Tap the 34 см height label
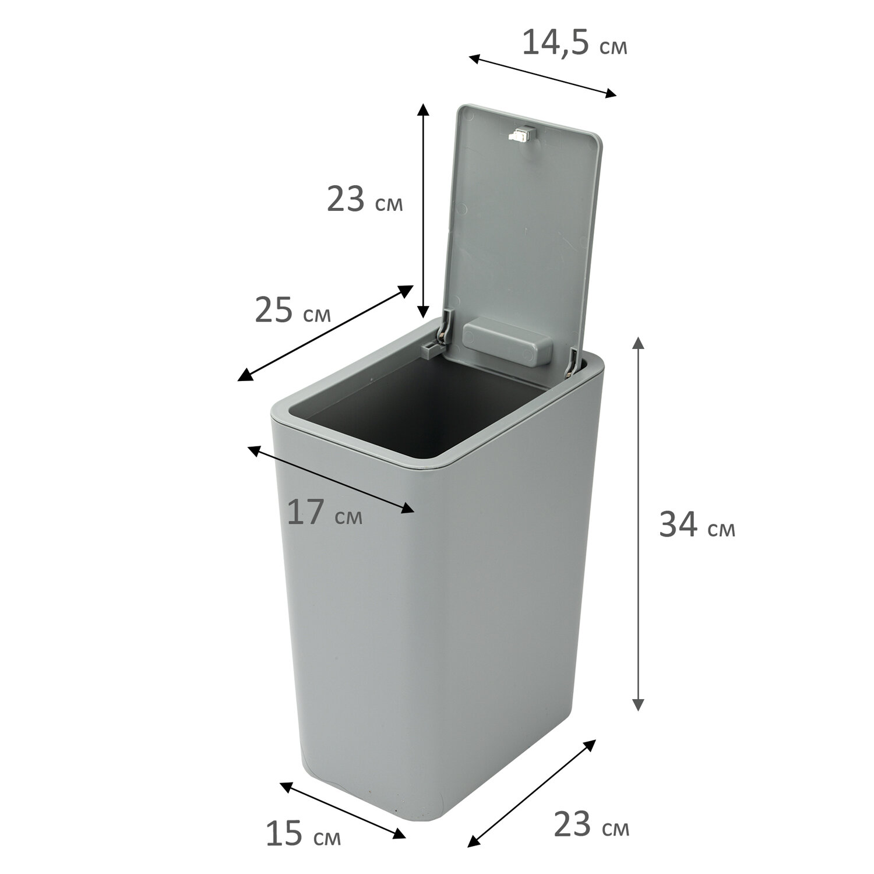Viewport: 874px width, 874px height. [x=697, y=524]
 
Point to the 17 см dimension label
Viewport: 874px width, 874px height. [x=325, y=512]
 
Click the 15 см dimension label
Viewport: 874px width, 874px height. [x=303, y=833]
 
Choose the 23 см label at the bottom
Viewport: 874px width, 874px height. [x=591, y=824]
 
